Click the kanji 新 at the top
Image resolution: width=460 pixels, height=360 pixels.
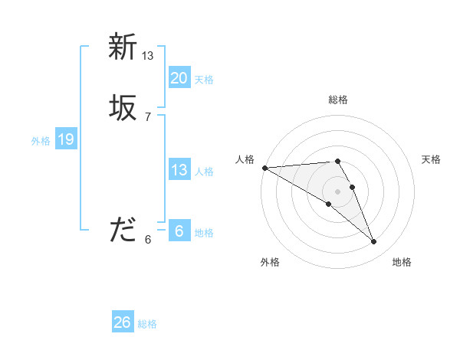click(x=123, y=47)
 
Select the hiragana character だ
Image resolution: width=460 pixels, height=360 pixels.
click(x=123, y=230)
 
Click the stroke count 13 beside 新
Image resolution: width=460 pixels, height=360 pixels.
click(x=148, y=55)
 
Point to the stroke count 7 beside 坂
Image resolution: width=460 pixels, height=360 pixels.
click(x=148, y=116)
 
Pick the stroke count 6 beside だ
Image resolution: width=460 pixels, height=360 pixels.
click(x=148, y=239)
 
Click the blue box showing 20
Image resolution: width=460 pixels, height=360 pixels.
click(x=179, y=78)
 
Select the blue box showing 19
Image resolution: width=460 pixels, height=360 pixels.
click(x=65, y=139)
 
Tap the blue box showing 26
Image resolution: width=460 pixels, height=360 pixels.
click(x=122, y=322)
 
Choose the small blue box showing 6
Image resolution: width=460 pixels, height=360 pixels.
click(x=179, y=231)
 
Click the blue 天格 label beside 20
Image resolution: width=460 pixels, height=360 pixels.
click(x=204, y=80)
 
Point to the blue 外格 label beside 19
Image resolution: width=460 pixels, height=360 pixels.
click(x=41, y=141)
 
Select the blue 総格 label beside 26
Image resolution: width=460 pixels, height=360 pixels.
click(x=147, y=324)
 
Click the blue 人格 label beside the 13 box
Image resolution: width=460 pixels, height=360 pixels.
click(x=204, y=172)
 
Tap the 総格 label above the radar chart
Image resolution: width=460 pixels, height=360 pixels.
click(x=338, y=100)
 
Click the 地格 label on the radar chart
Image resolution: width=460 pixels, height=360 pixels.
click(x=402, y=262)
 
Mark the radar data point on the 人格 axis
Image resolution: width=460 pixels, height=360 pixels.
click(x=264, y=168)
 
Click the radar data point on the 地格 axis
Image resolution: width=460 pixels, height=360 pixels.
click(x=374, y=242)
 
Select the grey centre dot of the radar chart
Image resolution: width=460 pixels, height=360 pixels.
click(x=337, y=191)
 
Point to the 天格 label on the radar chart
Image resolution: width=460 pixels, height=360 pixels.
click(x=432, y=159)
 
